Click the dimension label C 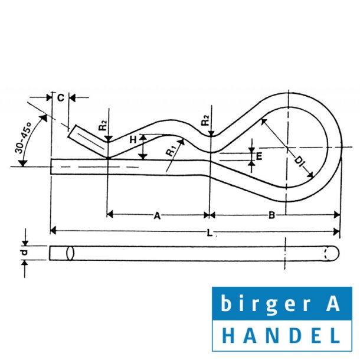point(61,98)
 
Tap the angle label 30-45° point(23,138)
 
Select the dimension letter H point(133,140)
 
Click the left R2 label point(104,125)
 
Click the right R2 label point(206,120)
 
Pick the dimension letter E point(258,156)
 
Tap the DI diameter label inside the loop point(299,160)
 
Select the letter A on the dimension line point(157,216)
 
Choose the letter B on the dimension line point(271,215)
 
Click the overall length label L point(210,233)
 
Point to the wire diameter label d point(24,253)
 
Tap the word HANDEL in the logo point(282,336)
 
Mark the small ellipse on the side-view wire point(70,253)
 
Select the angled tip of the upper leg point(72,132)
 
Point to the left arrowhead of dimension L point(53,230)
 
